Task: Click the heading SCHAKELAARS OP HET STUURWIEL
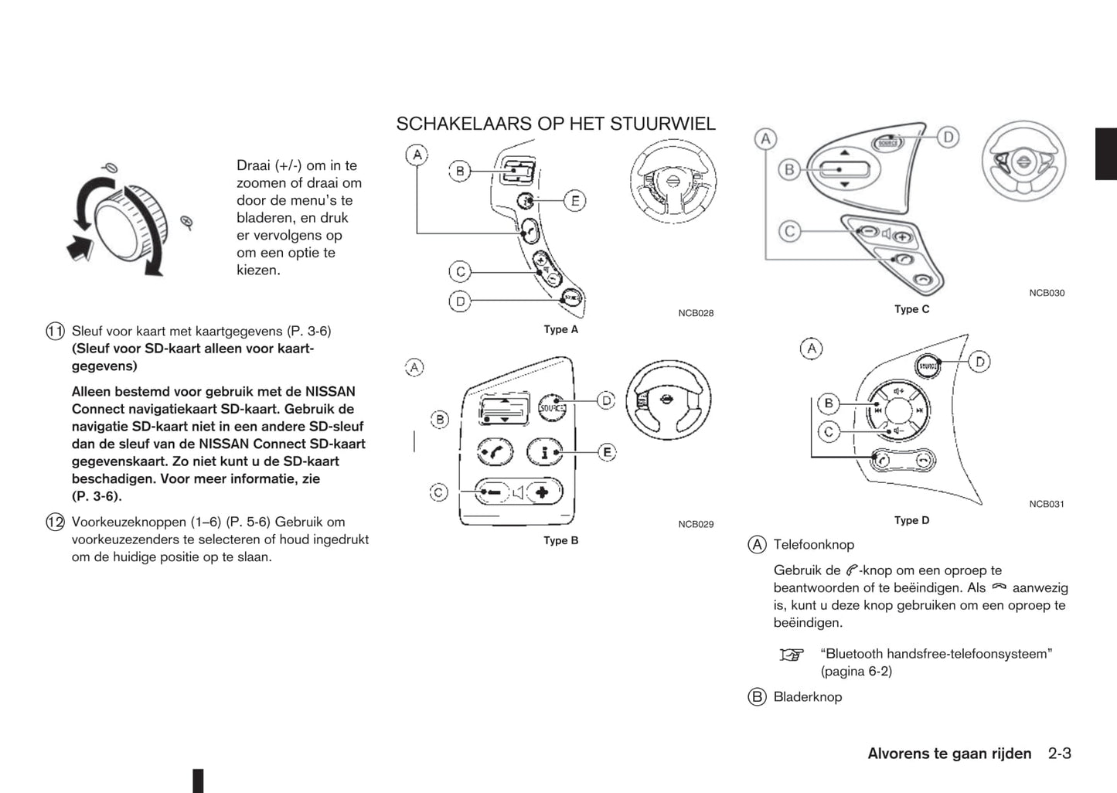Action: pyautogui.click(x=555, y=124)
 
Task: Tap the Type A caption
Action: pyautogui.click(x=560, y=329)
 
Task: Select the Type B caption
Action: pyautogui.click(x=560, y=540)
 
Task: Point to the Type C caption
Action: pyautogui.click(x=911, y=309)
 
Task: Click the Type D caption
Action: pyautogui.click(x=911, y=520)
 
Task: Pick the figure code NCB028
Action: pyautogui.click(x=696, y=313)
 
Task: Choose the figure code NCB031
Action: pyautogui.click(x=1047, y=504)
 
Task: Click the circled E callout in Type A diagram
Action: pyautogui.click(x=574, y=201)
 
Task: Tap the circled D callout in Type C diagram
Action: pyautogui.click(x=948, y=138)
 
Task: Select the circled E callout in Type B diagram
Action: pyautogui.click(x=607, y=451)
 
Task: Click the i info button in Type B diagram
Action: pyautogui.click(x=545, y=452)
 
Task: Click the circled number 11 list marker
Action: pyautogui.click(x=55, y=332)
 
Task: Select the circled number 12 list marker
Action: pyautogui.click(x=55, y=522)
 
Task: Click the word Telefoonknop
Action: pyautogui.click(x=813, y=545)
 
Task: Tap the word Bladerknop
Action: pyautogui.click(x=807, y=697)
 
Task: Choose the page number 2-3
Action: pyautogui.click(x=1060, y=754)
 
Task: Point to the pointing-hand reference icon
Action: pyautogui.click(x=791, y=655)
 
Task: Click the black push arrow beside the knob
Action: pyautogui.click(x=80, y=248)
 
